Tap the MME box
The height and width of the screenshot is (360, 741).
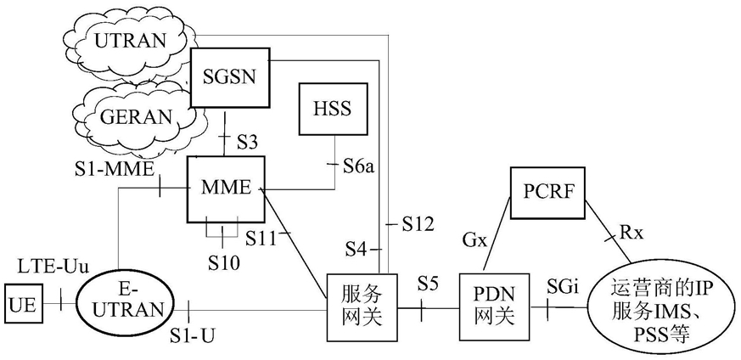point(225,188)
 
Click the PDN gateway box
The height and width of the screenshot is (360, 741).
point(492,303)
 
